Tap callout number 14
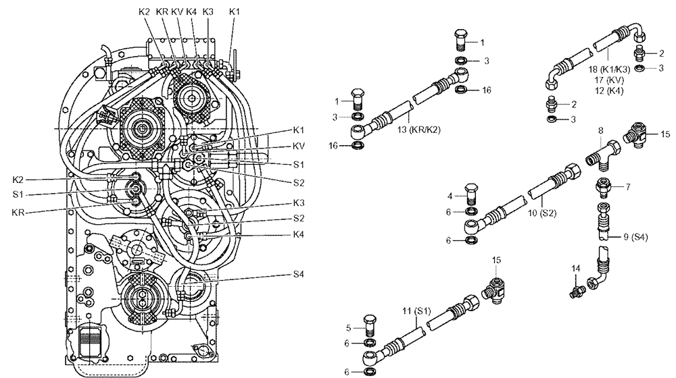tap(576, 269)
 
